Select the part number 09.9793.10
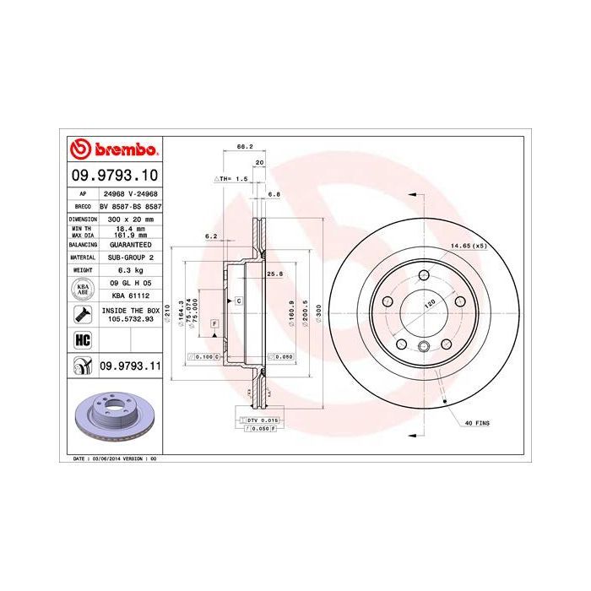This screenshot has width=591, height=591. pos(113,176)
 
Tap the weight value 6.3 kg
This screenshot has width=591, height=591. pos(129,269)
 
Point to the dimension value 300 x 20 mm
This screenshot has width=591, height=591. pos(129,218)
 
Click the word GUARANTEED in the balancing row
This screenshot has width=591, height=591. pos(129,243)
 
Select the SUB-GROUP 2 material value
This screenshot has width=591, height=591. pos(129,257)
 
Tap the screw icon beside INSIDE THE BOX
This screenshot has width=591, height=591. pos(82,316)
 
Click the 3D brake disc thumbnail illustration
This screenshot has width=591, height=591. pos(113,419)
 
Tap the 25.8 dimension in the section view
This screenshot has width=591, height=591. pos(273,274)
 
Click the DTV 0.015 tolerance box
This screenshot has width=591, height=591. pos(259,420)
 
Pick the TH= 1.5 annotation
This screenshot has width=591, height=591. pos(230,179)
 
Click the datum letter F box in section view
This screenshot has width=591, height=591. pos(214,324)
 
